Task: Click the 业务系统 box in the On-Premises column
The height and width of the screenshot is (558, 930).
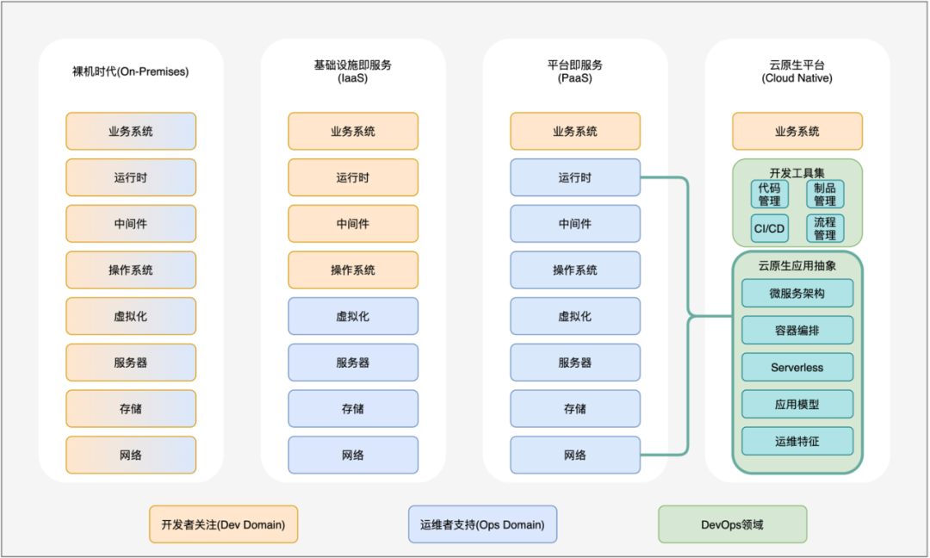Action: (131, 132)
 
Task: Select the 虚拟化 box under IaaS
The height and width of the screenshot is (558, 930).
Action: (353, 316)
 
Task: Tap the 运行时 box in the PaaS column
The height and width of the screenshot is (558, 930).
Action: (575, 177)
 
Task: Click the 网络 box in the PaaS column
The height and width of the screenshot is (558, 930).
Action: (575, 455)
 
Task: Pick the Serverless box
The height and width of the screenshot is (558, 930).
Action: (797, 367)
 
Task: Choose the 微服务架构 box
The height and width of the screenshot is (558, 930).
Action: (797, 294)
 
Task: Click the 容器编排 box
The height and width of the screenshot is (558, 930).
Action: (797, 330)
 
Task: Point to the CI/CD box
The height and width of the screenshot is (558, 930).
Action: (769, 228)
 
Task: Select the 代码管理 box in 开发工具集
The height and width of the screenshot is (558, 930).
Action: (769, 194)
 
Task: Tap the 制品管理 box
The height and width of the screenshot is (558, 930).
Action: (825, 194)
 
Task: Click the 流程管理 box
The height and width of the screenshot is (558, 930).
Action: (825, 228)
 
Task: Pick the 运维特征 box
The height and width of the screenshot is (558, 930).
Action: (797, 441)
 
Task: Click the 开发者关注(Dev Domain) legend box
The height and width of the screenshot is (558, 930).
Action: (223, 524)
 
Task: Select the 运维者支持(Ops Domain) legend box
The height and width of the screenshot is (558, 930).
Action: (482, 524)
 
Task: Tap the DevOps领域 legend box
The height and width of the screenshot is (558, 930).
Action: (732, 524)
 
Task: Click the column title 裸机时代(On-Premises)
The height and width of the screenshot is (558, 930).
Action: (131, 71)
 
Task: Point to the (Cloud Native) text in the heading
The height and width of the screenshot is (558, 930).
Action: (797, 78)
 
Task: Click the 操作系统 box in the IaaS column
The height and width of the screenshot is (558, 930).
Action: (353, 270)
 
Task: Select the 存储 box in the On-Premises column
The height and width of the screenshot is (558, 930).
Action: (131, 408)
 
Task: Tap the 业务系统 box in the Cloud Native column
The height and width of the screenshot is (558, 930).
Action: (797, 132)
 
